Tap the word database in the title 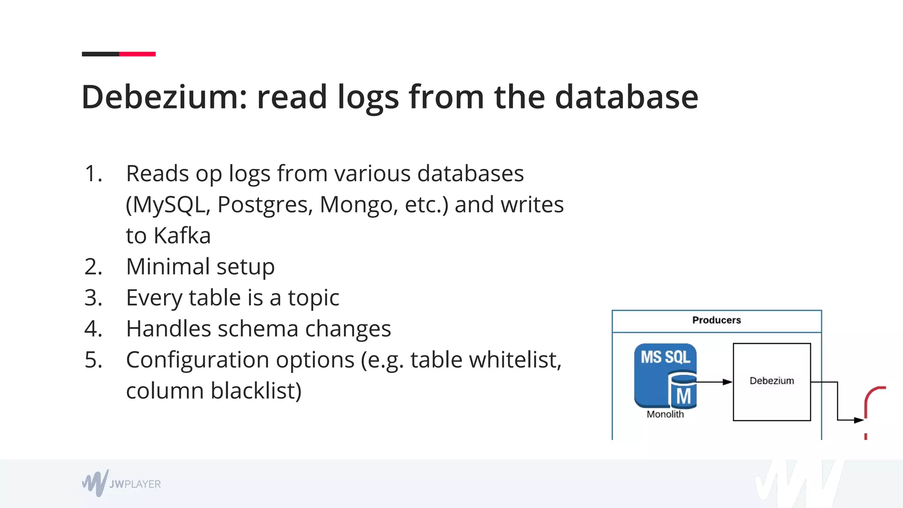[626, 97]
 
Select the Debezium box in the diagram [772, 381]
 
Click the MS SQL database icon [665, 376]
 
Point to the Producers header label [716, 320]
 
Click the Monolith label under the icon [665, 415]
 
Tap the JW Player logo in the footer [121, 483]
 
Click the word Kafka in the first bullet [182, 235]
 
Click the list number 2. [93, 267]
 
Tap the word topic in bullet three [313, 298]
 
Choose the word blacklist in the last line [256, 391]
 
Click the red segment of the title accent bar [137, 54]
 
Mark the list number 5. [93, 360]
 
